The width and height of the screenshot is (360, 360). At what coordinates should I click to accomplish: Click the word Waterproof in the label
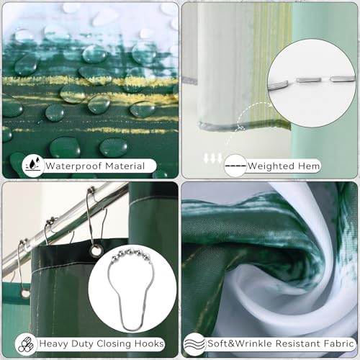click(x=74, y=166)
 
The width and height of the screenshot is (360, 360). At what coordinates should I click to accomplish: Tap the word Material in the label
click(x=125, y=166)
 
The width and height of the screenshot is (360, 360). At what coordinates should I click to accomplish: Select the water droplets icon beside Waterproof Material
click(x=33, y=166)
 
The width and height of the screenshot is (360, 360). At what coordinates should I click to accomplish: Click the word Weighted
click(x=271, y=166)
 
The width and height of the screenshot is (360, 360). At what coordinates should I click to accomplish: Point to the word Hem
click(x=309, y=166)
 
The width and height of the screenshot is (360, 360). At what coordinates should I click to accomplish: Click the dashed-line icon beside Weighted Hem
click(x=235, y=166)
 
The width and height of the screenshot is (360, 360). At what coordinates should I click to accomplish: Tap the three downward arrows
click(x=213, y=158)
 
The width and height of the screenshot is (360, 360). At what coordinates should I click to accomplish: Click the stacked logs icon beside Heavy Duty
click(x=26, y=344)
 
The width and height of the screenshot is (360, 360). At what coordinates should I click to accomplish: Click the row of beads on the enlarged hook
click(x=130, y=255)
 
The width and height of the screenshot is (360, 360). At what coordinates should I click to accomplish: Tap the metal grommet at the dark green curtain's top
click(x=96, y=251)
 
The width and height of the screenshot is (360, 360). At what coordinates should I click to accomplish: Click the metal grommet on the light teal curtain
click(x=25, y=294)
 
